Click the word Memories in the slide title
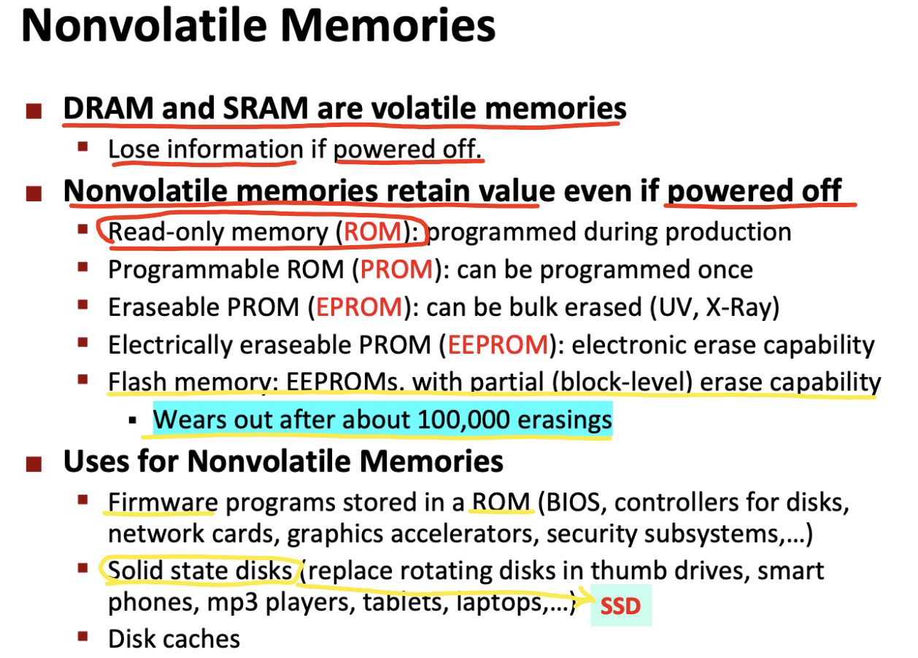[388, 26]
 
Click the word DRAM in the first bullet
[108, 108]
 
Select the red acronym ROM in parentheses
[373, 232]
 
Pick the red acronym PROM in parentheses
[396, 270]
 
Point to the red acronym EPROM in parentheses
[359, 307]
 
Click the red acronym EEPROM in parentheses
[498, 345]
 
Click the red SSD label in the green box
[620, 606]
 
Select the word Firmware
[163, 503]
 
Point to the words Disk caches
[174, 639]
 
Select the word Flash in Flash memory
[137, 382]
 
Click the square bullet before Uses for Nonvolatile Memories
[34, 464]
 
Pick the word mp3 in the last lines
[232, 603]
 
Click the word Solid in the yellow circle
[135, 570]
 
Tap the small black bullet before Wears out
[132, 420]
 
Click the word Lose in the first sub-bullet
[134, 149]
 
